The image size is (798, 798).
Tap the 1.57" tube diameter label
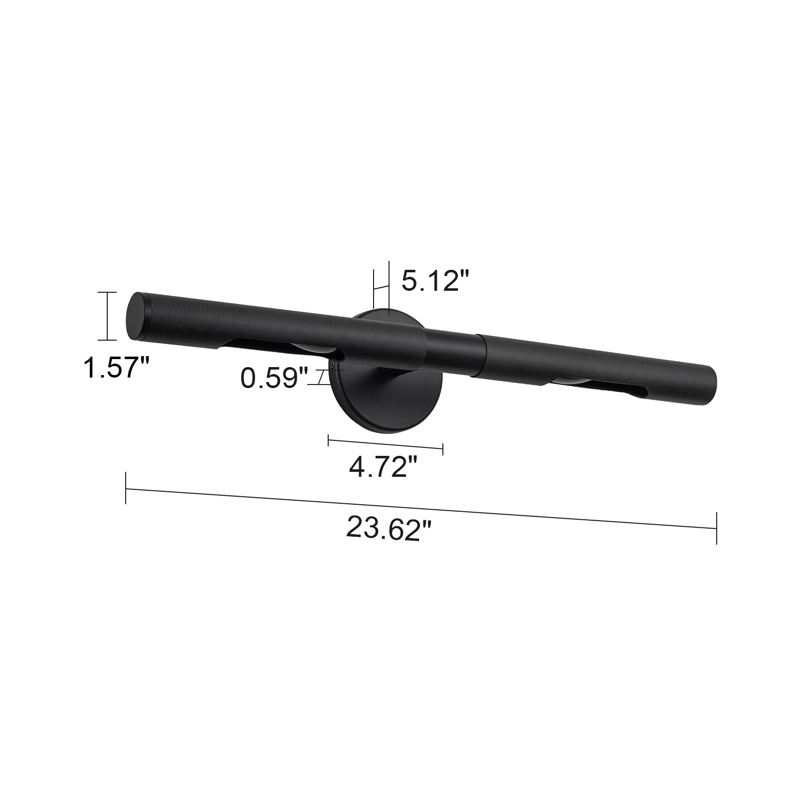click(x=116, y=368)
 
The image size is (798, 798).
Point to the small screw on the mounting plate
click(x=332, y=366)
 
